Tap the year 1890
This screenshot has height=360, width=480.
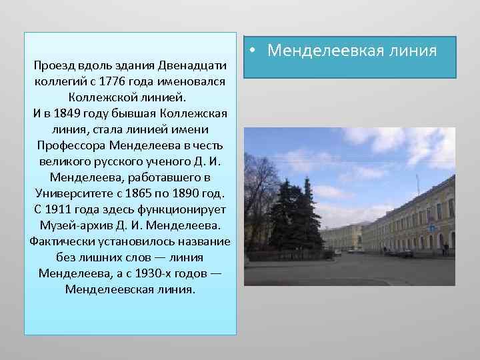pos(194,193)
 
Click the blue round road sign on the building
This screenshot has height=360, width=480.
pos(431,227)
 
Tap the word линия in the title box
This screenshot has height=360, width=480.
pos(413,50)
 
